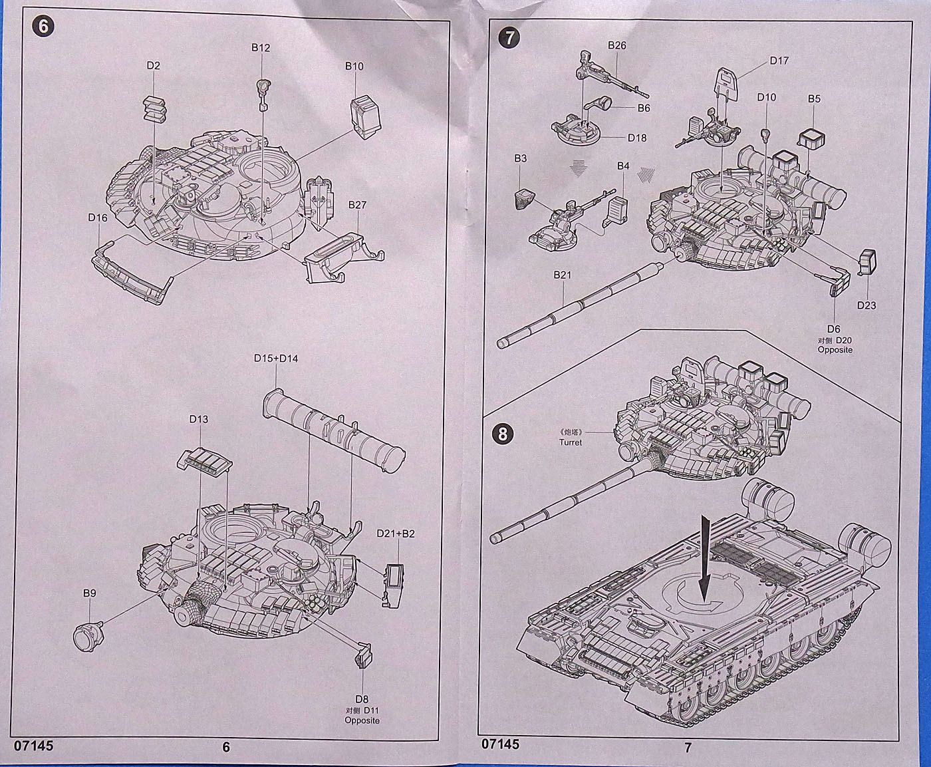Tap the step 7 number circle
click(x=509, y=37)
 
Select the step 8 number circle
click(x=503, y=434)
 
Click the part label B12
click(x=261, y=48)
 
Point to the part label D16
click(x=97, y=218)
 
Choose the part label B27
click(x=357, y=205)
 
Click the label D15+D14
click(x=276, y=359)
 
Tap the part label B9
click(x=90, y=593)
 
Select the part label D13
click(x=198, y=419)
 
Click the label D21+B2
click(x=395, y=534)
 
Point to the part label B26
click(x=617, y=45)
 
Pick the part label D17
click(x=779, y=61)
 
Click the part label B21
click(x=562, y=275)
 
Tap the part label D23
click(x=866, y=305)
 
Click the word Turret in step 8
click(x=570, y=442)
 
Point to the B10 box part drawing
click(x=365, y=116)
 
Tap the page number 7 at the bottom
click(x=688, y=747)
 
